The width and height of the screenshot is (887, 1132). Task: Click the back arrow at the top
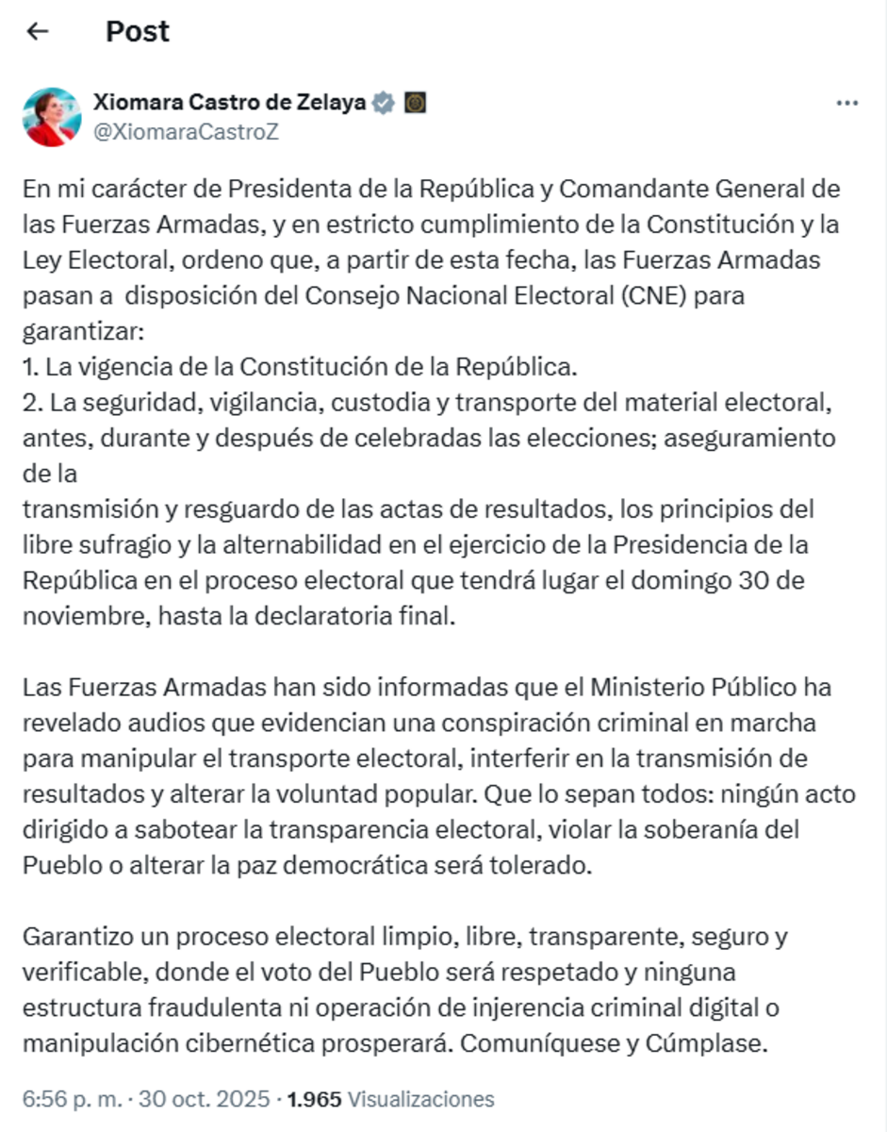(x=37, y=31)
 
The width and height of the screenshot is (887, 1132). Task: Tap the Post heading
(x=138, y=31)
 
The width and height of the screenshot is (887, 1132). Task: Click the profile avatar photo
(x=52, y=117)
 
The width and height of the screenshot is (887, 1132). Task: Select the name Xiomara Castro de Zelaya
(x=229, y=103)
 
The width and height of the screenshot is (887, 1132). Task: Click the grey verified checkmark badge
(x=383, y=103)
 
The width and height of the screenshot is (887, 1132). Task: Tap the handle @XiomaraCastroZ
(x=186, y=132)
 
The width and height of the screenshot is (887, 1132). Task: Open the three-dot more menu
(x=846, y=103)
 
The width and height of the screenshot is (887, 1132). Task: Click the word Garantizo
(x=78, y=937)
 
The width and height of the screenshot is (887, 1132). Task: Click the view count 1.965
(x=314, y=1099)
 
